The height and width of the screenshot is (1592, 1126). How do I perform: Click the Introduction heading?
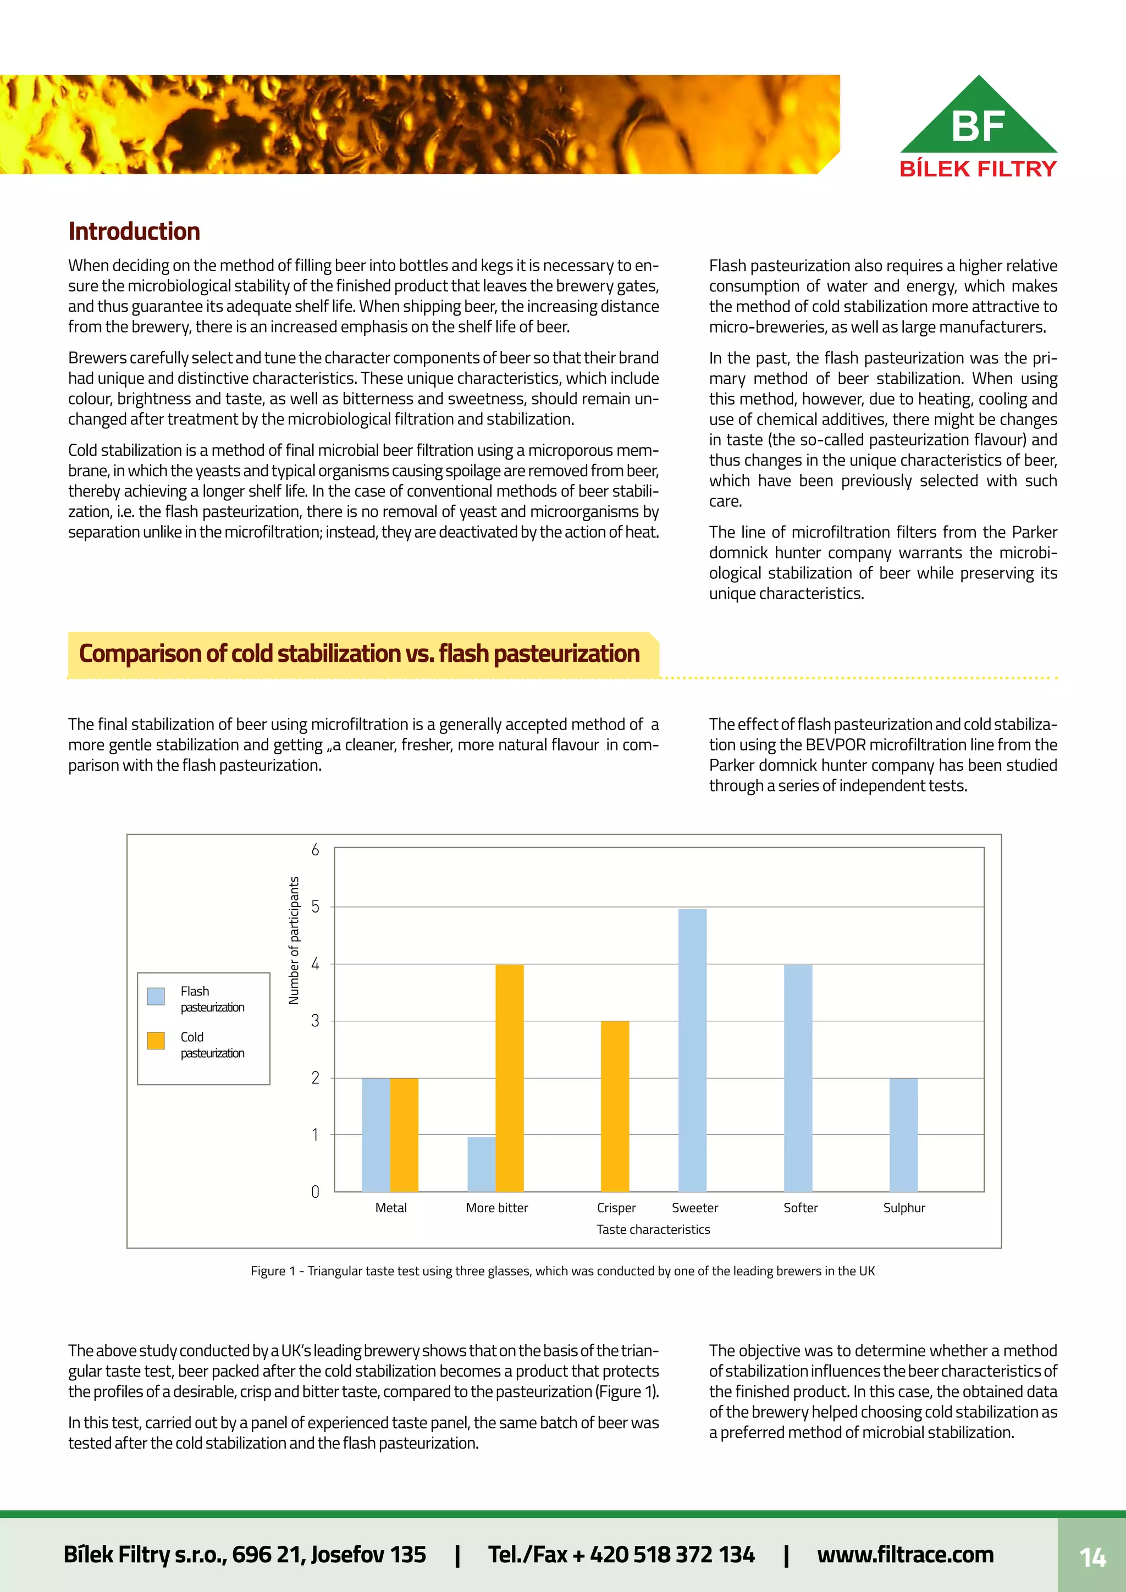(x=134, y=231)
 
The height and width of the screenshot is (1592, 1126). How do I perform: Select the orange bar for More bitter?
(x=510, y=1077)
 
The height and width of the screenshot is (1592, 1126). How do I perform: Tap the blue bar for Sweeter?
(x=692, y=1050)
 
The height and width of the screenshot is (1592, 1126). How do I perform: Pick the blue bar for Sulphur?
(x=903, y=1135)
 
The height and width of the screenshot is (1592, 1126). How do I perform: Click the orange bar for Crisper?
(x=614, y=1106)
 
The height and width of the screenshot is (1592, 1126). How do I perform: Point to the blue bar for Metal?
(x=376, y=1135)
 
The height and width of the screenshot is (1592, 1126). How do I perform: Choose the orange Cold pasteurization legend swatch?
(x=156, y=1041)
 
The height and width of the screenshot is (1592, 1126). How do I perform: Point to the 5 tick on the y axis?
(x=316, y=907)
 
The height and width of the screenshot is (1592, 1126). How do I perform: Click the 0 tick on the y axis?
(x=316, y=1192)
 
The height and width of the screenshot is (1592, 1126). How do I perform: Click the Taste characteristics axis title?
(x=653, y=1229)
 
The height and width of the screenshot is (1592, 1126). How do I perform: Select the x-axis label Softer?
(x=800, y=1208)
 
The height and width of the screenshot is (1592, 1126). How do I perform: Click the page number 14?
(x=1092, y=1558)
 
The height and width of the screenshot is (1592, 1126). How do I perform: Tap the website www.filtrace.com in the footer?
(x=905, y=1555)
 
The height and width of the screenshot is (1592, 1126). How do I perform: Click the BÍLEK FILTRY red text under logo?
(x=978, y=169)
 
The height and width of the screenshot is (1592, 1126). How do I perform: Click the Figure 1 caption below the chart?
(x=562, y=1271)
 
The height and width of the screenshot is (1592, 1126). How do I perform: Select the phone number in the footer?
(x=621, y=1555)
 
